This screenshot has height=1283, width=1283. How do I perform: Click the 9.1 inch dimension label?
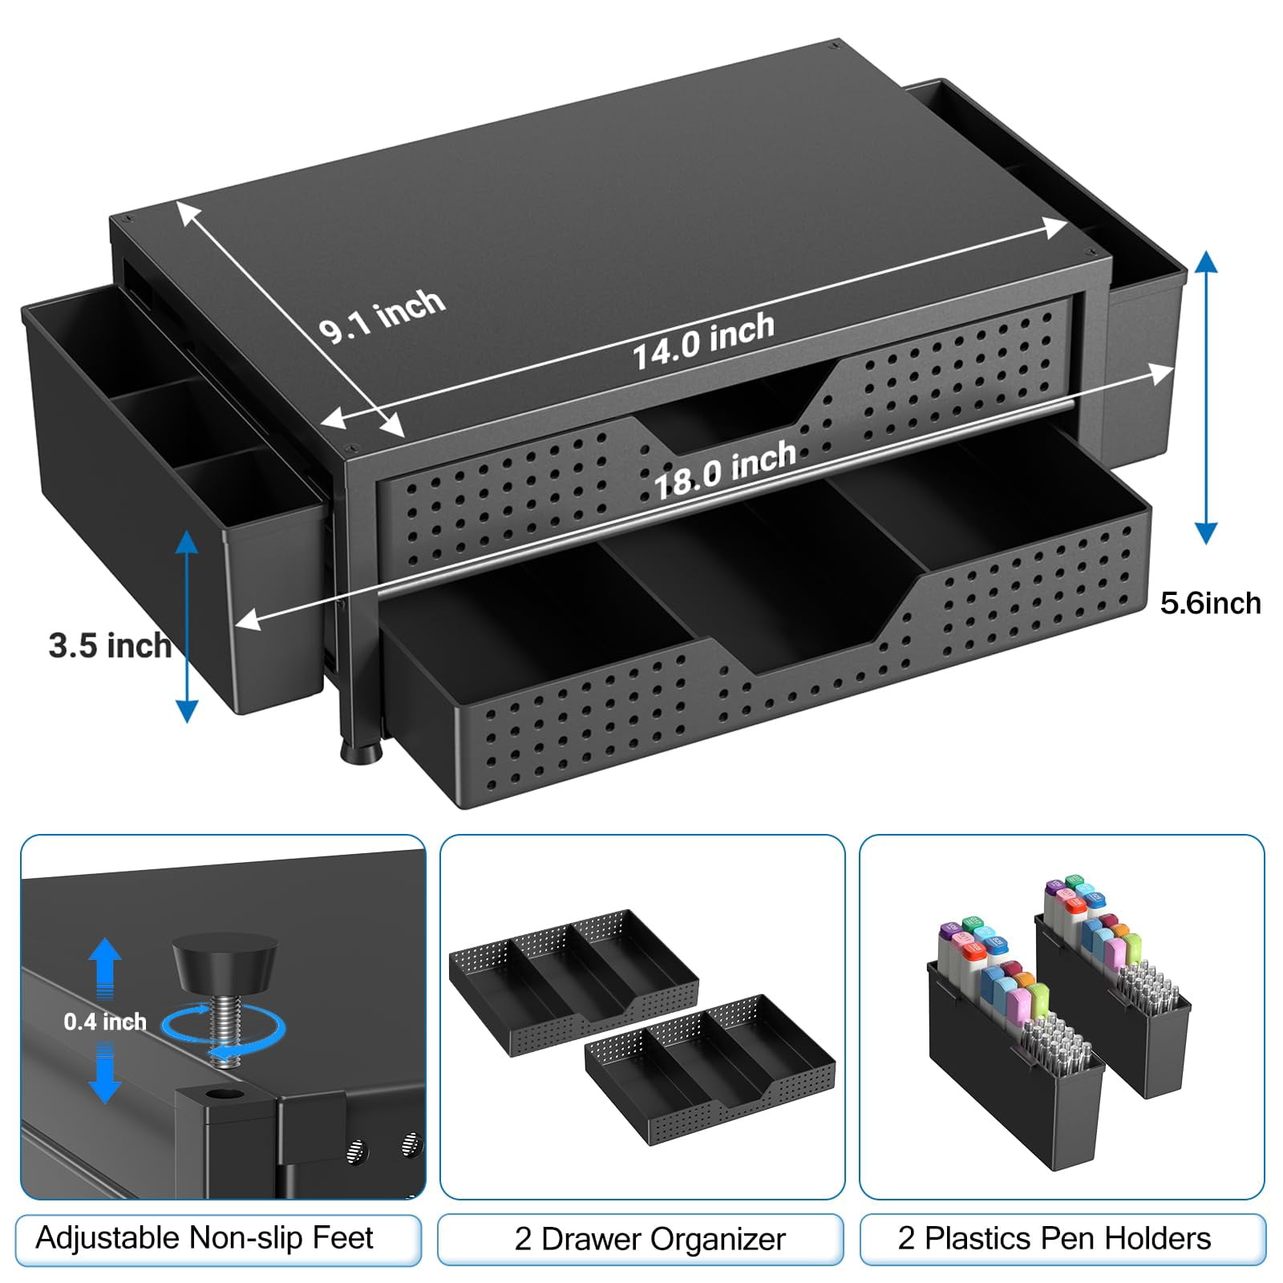tap(382, 314)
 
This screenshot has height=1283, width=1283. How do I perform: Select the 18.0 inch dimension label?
tap(726, 470)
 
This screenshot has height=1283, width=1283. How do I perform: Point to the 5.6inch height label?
tap(1210, 603)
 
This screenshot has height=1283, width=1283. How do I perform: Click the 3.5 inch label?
tap(110, 646)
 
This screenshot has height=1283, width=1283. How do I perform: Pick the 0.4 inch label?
tap(105, 1022)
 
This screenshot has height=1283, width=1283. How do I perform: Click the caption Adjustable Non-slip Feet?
tap(204, 1238)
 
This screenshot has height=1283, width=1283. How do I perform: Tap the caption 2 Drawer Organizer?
tap(650, 1239)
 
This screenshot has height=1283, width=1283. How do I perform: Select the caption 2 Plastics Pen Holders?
tap(1054, 1239)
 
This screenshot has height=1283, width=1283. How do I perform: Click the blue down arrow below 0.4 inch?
tap(105, 1074)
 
